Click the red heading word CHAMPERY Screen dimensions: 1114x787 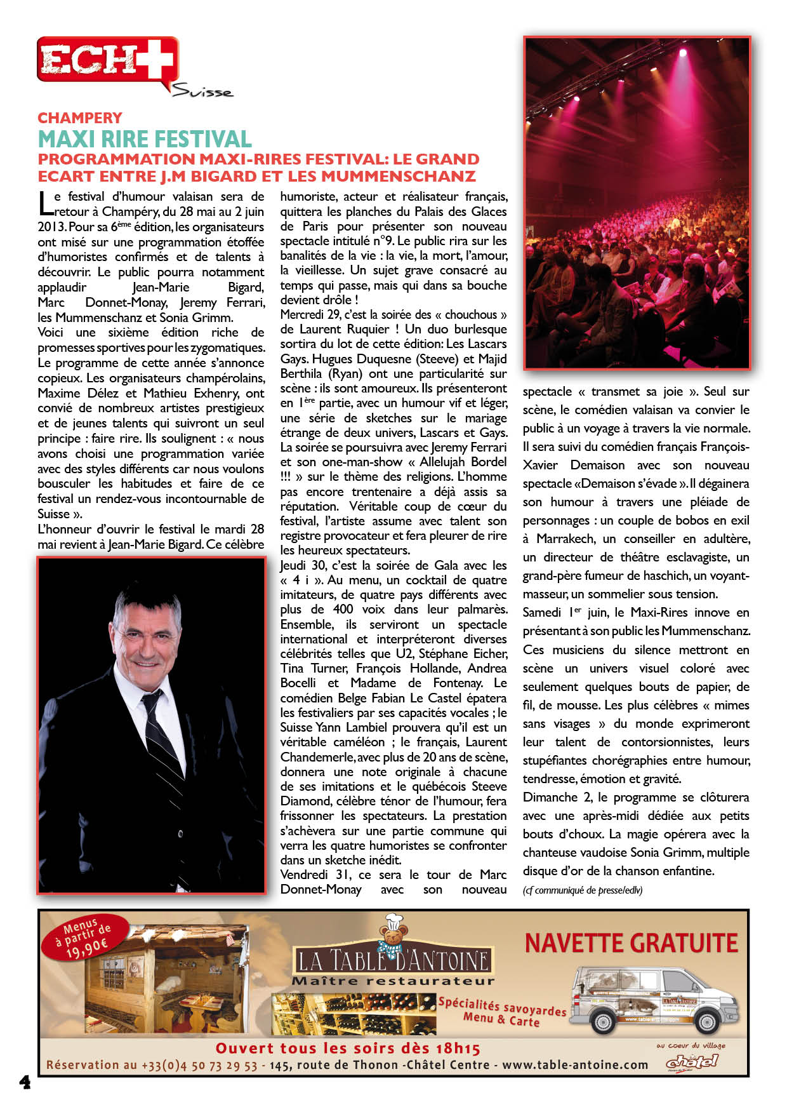point(80,118)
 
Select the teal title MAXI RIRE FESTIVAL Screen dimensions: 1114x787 point(145,139)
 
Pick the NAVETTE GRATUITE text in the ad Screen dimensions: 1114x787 point(631,944)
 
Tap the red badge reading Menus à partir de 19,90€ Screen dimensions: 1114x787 point(85,938)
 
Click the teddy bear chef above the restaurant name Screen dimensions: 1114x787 point(392,932)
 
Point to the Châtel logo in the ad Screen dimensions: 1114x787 point(692,1061)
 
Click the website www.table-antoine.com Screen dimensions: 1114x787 point(575,1065)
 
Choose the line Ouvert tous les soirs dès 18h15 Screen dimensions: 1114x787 point(348,1048)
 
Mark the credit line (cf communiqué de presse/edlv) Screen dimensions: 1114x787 point(583,890)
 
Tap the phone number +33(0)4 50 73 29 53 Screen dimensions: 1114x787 point(199,1065)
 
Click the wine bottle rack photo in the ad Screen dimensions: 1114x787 point(354,1014)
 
